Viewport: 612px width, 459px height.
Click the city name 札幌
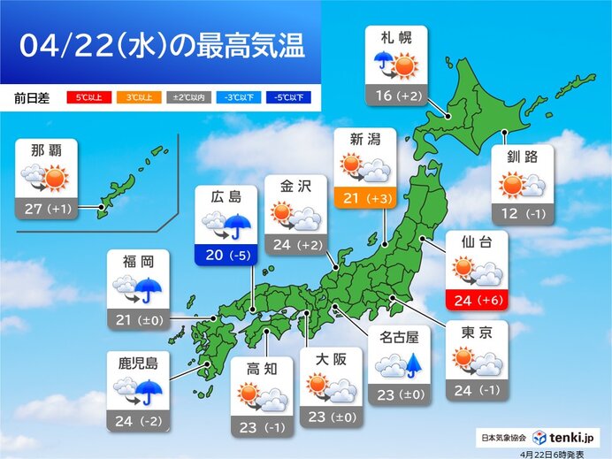[x=395, y=39]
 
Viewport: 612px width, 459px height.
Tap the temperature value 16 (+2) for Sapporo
[x=395, y=95]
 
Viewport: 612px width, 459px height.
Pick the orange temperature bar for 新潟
[x=366, y=197]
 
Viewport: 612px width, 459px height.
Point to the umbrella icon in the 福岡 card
[x=149, y=289]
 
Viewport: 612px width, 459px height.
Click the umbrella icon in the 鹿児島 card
[x=149, y=390]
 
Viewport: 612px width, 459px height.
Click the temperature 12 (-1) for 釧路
[x=523, y=214]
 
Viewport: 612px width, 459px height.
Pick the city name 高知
[x=262, y=366]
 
